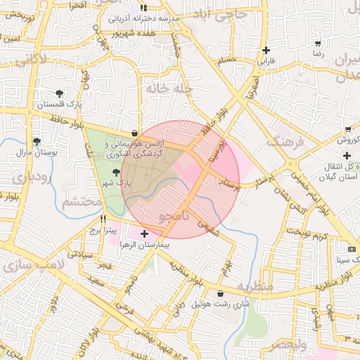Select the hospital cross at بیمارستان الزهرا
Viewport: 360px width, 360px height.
coord(145,233)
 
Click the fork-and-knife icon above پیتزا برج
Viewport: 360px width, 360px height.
coord(103,219)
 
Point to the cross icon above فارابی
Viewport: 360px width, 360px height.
coord(265,50)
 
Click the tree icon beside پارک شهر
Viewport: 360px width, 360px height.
coord(116,172)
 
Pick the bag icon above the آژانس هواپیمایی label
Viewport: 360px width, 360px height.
coord(134,133)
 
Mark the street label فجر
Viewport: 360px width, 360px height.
coord(105,265)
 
